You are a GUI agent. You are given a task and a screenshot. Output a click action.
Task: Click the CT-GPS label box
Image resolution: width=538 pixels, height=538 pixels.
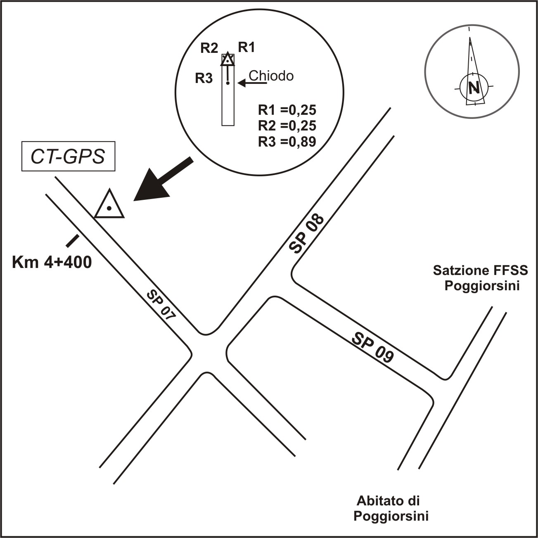(68, 157)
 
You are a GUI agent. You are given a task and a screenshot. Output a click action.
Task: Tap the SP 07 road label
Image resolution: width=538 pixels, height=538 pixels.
(161, 306)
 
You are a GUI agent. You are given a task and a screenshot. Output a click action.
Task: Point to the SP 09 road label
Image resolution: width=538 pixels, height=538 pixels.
(372, 348)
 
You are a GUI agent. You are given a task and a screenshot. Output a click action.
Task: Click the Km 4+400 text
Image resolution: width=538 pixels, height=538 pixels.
(52, 262)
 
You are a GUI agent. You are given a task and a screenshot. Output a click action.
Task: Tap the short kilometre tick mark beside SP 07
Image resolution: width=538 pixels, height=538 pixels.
(73, 241)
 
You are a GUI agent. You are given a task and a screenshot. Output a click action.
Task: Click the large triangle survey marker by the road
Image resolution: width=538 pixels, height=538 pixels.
(109, 206)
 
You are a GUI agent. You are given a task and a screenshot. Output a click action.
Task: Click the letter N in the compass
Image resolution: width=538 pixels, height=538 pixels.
(474, 88)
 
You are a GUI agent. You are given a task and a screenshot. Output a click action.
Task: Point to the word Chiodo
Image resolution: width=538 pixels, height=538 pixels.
(271, 76)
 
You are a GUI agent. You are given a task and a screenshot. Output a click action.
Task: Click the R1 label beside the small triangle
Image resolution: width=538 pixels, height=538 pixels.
(246, 48)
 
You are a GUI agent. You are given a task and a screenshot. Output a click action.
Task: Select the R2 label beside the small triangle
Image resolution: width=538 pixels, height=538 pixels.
(209, 48)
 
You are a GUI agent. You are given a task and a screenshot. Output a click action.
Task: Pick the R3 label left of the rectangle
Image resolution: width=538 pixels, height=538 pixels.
(204, 78)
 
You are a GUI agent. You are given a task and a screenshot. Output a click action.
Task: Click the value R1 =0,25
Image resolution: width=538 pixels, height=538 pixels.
(287, 110)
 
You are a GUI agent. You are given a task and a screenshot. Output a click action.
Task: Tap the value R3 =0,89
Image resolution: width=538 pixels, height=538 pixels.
(287, 142)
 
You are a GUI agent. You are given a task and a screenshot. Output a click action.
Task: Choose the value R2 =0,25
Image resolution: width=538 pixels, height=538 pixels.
(287, 126)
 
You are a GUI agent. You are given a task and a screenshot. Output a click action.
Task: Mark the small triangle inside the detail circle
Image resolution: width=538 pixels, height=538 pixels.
(228, 60)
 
